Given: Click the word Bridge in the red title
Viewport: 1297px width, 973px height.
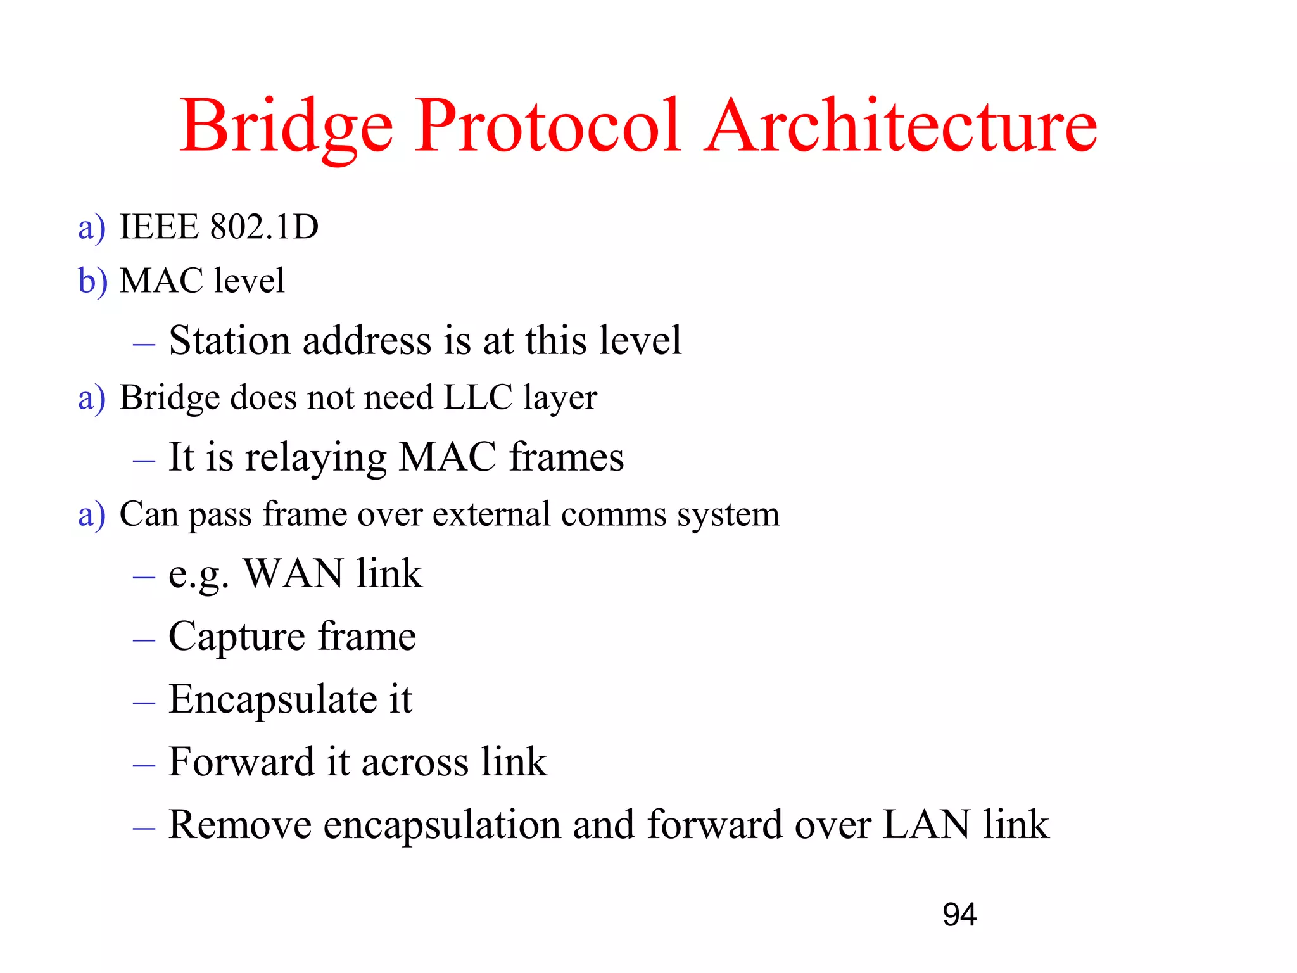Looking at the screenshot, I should pyautogui.click(x=286, y=127).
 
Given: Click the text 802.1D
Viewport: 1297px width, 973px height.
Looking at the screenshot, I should pyautogui.click(x=264, y=227).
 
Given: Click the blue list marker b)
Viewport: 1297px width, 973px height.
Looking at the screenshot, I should pyautogui.click(x=92, y=281).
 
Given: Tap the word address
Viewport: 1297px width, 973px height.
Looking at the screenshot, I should pyautogui.click(x=367, y=340).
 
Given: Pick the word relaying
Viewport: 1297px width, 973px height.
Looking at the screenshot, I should pyautogui.click(x=316, y=457).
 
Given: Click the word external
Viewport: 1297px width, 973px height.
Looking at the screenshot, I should pyautogui.click(x=491, y=514).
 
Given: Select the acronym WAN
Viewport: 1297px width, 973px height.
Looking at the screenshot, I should pyautogui.click(x=294, y=574).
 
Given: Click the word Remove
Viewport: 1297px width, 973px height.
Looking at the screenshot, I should pyautogui.click(x=240, y=825).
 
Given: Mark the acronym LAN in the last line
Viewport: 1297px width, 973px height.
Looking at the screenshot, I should pyautogui.click(x=926, y=825).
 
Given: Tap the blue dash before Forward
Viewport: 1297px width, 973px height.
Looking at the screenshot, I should pyautogui.click(x=144, y=765).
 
